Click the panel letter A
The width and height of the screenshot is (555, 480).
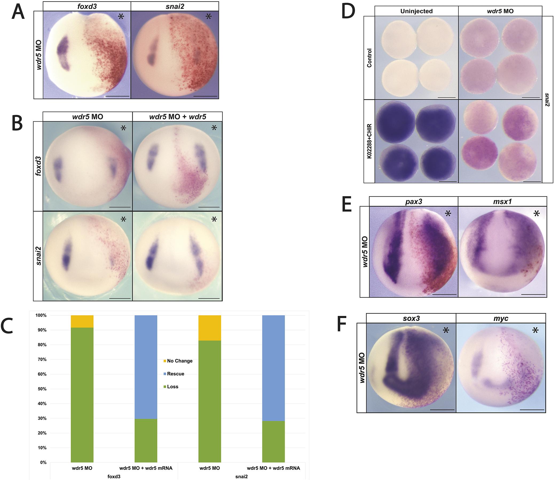tap(18, 13)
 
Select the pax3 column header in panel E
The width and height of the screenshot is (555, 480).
tap(414, 201)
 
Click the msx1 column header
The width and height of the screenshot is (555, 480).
tap(502, 201)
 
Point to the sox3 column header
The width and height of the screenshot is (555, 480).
tap(411, 318)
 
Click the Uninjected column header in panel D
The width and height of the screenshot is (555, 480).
tap(416, 11)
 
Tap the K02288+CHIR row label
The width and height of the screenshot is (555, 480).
tap(369, 141)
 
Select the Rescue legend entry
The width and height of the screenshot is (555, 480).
tap(176, 374)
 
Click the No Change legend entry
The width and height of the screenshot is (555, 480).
tap(180, 361)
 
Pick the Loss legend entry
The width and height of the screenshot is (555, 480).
tap(172, 387)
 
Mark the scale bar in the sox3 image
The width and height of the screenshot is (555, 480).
tap(442, 410)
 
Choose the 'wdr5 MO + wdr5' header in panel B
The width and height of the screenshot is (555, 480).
tap(178, 117)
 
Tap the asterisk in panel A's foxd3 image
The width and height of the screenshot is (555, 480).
tap(121, 17)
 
